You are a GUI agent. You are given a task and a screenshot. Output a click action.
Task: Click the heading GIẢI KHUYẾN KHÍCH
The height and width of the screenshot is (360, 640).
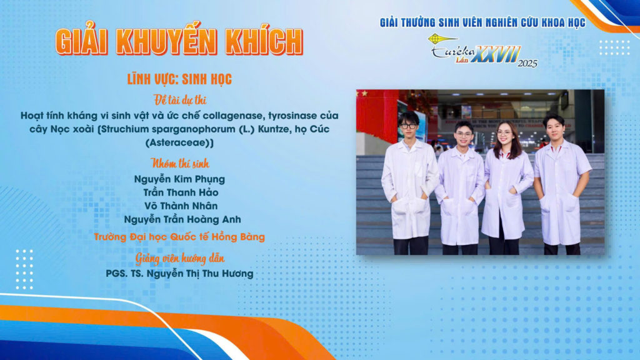point(179,41)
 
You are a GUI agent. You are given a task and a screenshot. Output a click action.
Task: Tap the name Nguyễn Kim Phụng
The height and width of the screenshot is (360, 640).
point(179,179)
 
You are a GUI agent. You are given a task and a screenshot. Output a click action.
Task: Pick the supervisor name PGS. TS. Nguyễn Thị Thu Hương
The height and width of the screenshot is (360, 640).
point(179,273)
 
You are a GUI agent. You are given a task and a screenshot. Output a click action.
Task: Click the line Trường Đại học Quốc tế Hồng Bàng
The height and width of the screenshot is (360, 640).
point(179,237)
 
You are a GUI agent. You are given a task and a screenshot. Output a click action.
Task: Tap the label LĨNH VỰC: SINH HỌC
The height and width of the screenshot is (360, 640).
point(179,79)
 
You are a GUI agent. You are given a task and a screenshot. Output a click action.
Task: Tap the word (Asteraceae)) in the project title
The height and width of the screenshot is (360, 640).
point(179,142)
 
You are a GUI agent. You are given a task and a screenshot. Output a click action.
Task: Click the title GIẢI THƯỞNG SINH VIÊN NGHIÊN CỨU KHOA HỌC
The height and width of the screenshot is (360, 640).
point(482,23)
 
